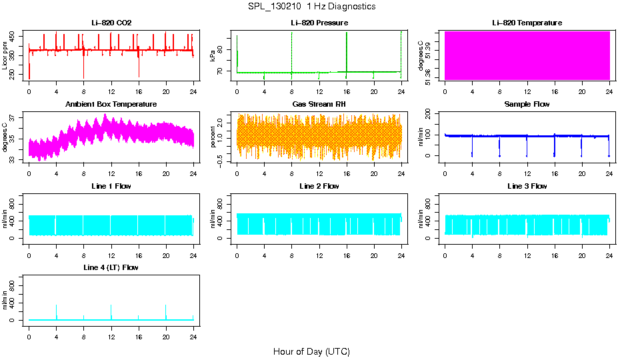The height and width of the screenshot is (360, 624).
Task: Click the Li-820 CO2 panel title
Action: (111, 23)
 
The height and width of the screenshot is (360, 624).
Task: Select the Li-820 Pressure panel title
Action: (319, 23)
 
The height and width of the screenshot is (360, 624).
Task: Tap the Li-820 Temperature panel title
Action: (527, 23)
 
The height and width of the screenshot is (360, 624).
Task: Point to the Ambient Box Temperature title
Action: (111, 104)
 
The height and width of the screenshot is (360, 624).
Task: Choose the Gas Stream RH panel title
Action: (319, 104)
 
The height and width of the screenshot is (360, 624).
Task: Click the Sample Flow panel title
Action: (527, 104)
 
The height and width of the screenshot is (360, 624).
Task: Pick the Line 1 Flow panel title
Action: (111, 186)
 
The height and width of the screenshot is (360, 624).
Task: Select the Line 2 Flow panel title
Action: (319, 186)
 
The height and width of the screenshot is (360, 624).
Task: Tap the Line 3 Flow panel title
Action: (527, 186)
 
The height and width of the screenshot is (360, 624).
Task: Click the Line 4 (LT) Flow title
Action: (111, 267)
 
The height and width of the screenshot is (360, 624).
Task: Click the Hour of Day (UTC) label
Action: (311, 351)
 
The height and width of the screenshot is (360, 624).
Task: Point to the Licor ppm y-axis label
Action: (5, 55)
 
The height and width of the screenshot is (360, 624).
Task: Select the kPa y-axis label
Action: (213, 55)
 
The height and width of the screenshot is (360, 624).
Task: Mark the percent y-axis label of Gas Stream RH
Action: (213, 137)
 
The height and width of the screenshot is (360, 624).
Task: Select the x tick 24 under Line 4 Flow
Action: (193, 330)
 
